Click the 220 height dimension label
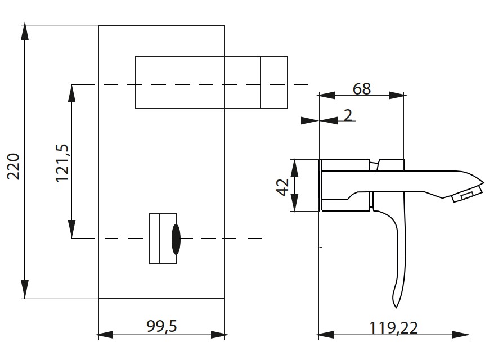(x=13, y=165)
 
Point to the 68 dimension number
(x=362, y=88)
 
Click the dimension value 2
(x=347, y=116)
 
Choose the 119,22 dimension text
(x=394, y=327)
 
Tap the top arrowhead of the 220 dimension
(x=25, y=31)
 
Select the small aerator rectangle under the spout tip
(x=466, y=195)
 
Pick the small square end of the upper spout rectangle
(x=274, y=82)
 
